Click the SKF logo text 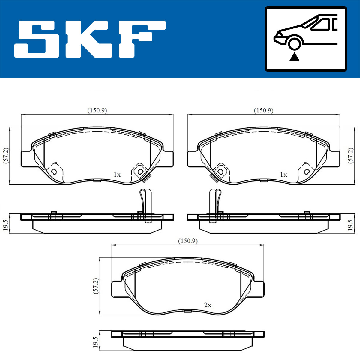(90, 39)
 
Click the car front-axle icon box (306, 39)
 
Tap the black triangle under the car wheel (295, 57)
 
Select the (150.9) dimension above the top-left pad (97, 110)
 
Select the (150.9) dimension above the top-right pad (264, 110)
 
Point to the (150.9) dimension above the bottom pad (188, 241)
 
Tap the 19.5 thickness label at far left (5, 224)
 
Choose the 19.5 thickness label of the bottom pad (96, 342)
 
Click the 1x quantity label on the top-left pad (117, 175)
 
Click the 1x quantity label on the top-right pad (283, 175)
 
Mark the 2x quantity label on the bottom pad (208, 305)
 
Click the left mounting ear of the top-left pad (26, 159)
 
